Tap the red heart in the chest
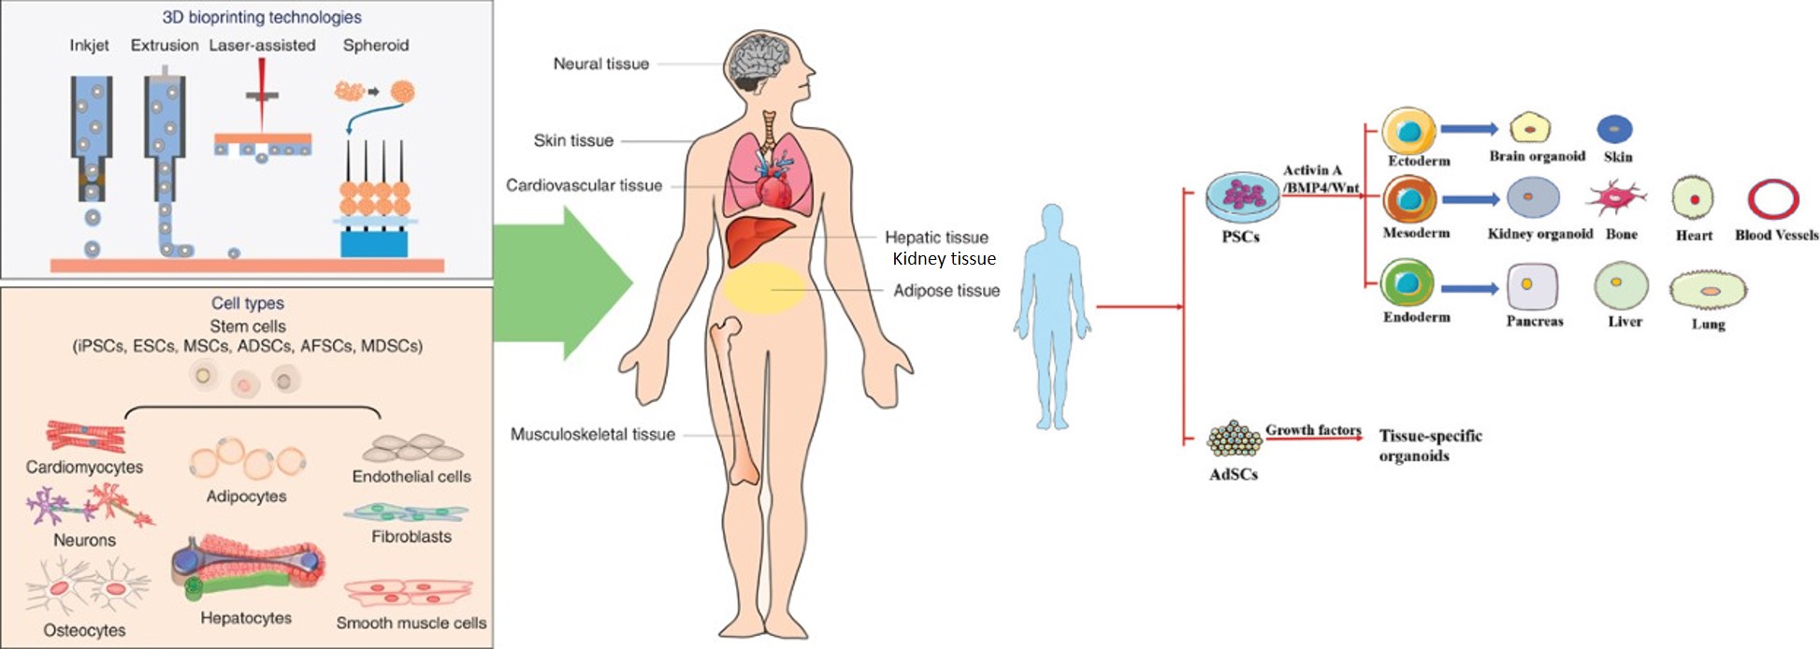click(774, 191)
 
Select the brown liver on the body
click(757, 239)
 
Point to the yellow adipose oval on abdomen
click(763, 287)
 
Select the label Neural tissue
click(600, 64)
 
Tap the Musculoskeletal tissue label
click(592, 434)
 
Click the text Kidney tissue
click(944, 259)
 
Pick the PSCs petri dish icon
click(1241, 195)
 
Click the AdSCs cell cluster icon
click(1234, 437)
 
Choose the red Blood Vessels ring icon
click(1773, 199)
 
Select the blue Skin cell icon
click(1615, 129)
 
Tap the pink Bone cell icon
click(1615, 198)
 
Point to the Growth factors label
click(1313, 429)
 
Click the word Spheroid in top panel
click(376, 45)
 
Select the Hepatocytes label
click(246, 618)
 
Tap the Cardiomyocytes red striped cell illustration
click(86, 435)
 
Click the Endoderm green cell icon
click(1408, 284)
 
